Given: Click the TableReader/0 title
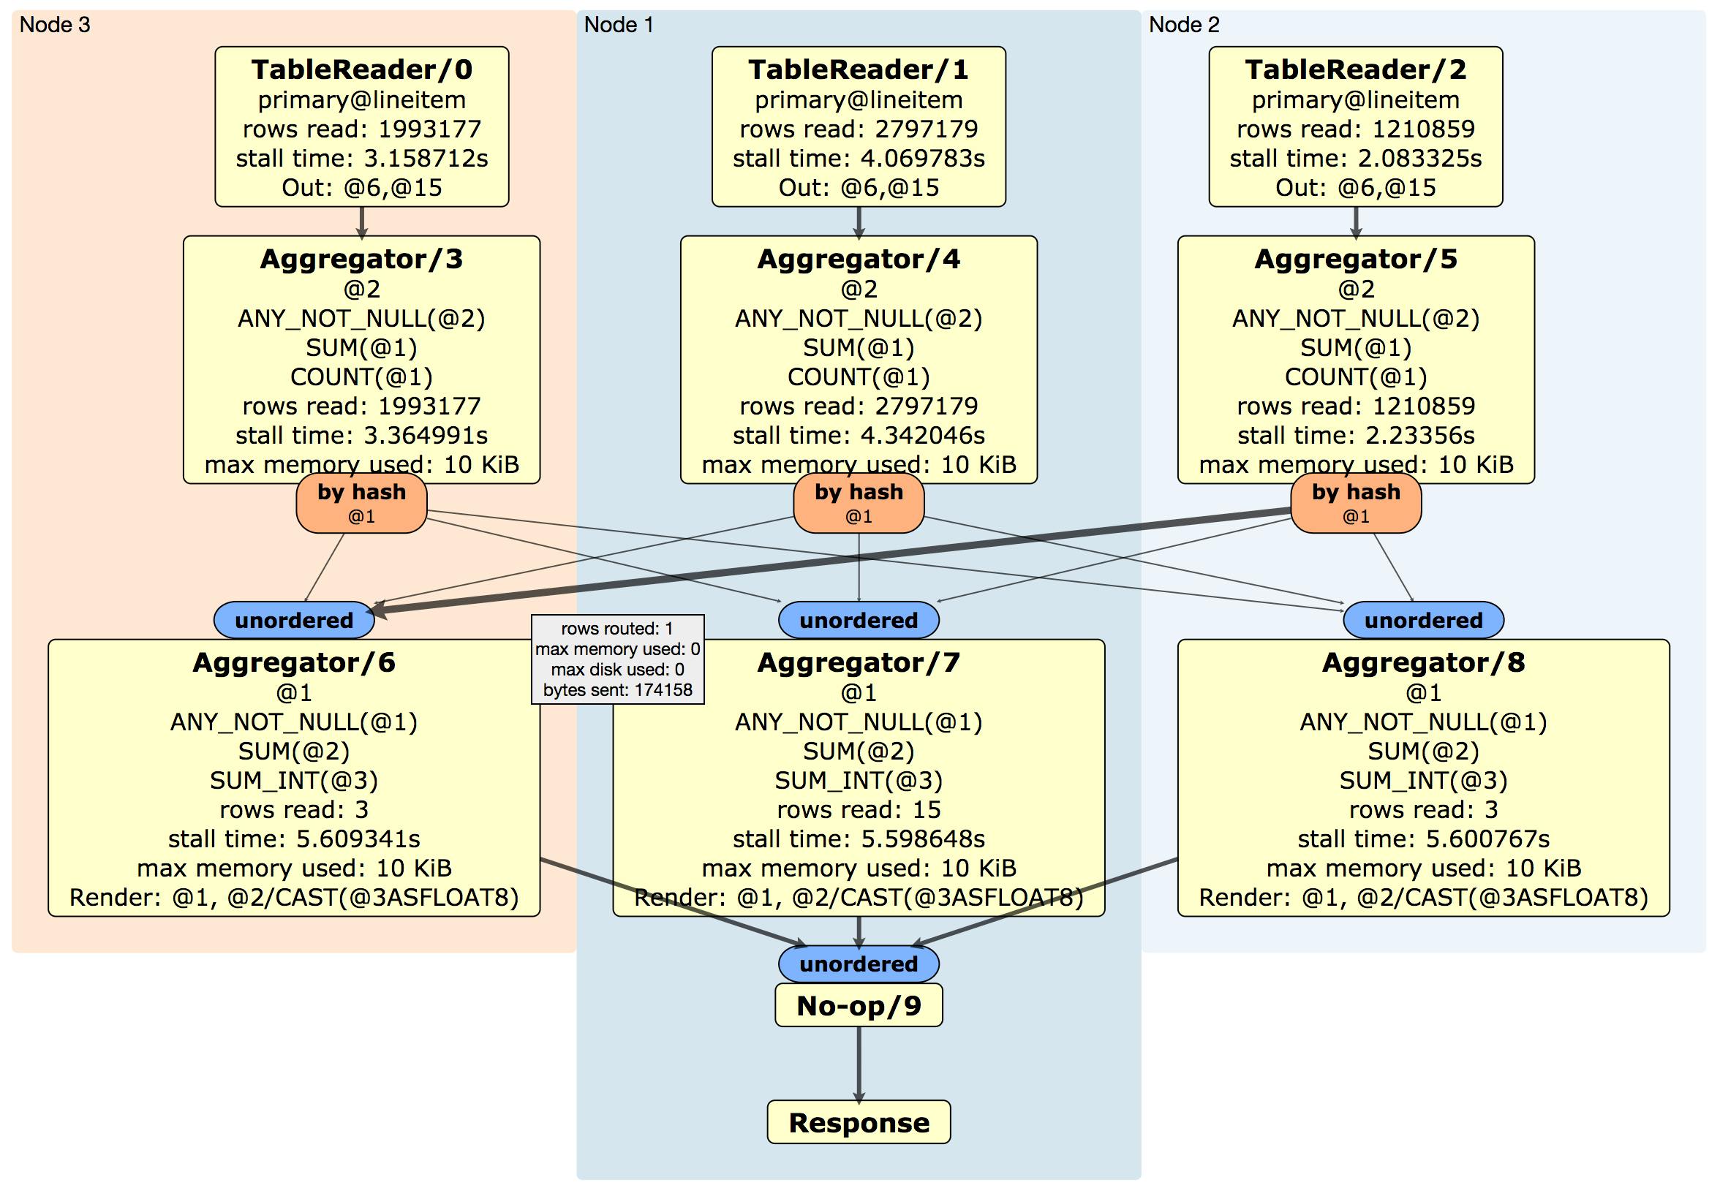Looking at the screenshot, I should [x=362, y=69].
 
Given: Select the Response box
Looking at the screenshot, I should [x=859, y=1122].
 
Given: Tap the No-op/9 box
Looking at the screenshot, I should [x=859, y=1005].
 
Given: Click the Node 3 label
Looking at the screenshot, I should [x=55, y=25].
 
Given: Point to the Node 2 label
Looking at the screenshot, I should [x=1184, y=25].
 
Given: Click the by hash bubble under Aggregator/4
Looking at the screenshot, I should [x=859, y=502].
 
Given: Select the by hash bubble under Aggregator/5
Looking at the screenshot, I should [x=1355, y=502].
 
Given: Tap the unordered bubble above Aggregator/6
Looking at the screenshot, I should [x=294, y=620].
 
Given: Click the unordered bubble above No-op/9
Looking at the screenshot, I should [x=859, y=964].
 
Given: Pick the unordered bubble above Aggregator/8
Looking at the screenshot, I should [x=1423, y=620].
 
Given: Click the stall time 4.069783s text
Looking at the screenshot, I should [x=859, y=158].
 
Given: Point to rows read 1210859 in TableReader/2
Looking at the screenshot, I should [x=1355, y=129].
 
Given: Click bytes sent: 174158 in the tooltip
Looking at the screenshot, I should [x=617, y=689].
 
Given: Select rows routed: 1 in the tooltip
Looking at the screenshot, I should [x=617, y=628].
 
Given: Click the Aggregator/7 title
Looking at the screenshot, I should [x=859, y=663].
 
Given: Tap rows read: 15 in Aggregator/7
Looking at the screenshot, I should [x=859, y=809].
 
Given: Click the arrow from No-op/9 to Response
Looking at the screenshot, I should [x=859, y=1064].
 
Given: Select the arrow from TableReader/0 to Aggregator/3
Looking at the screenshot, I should [x=362, y=222].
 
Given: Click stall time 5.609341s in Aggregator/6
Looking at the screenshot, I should [x=294, y=839].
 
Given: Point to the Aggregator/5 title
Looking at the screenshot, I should [x=1355, y=259].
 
